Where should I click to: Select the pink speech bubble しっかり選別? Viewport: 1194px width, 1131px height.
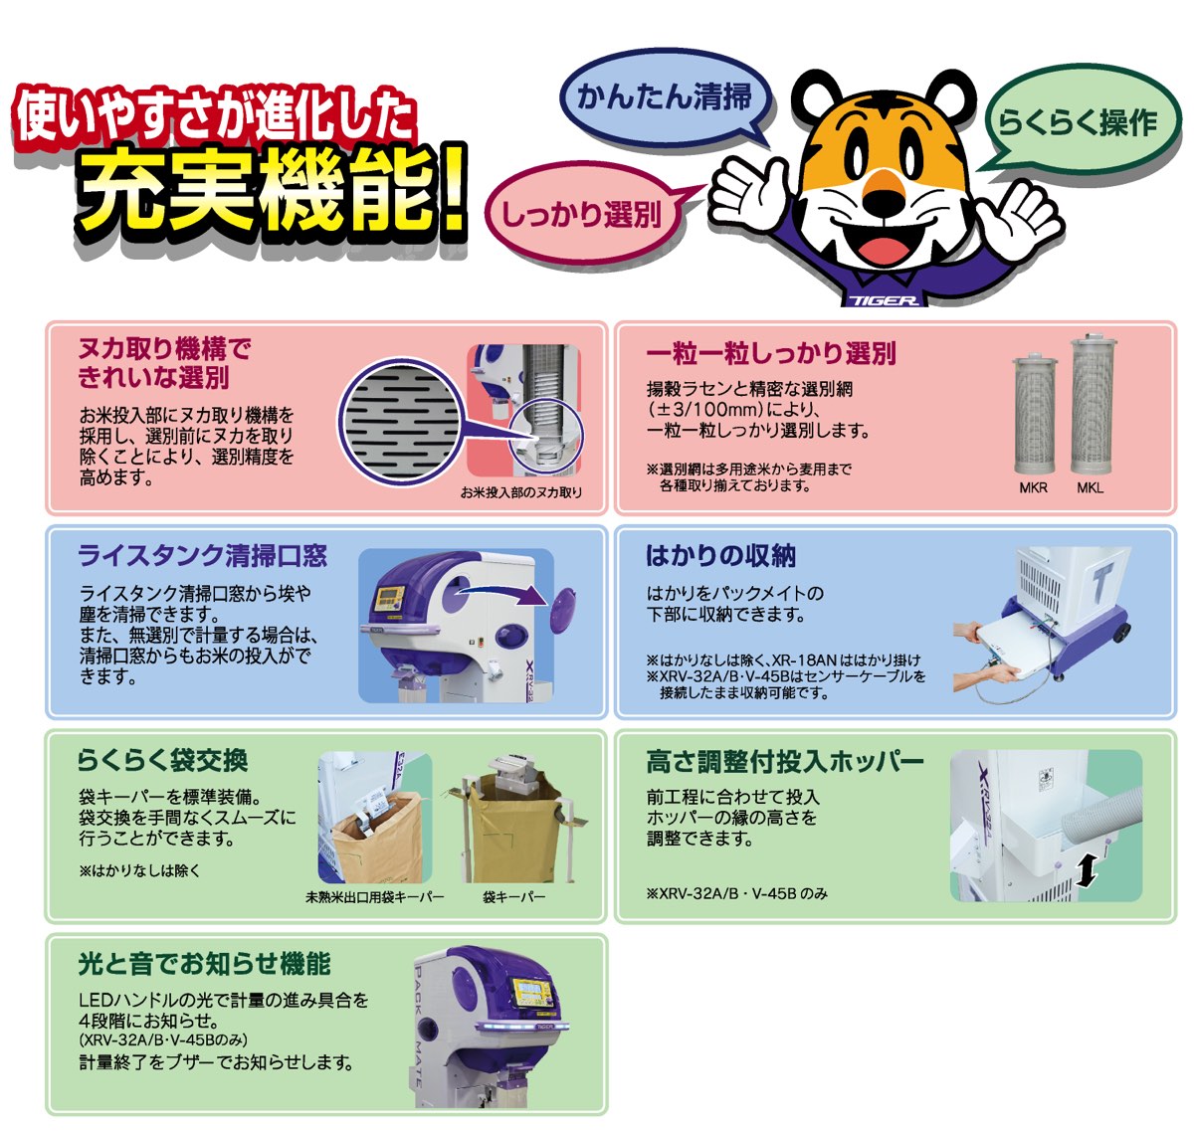click(x=582, y=214)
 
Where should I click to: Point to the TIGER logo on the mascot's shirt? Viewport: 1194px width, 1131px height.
click(x=884, y=300)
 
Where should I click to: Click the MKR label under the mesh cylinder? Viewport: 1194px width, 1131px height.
click(x=1033, y=487)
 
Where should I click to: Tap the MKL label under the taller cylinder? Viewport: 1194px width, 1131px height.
click(x=1091, y=487)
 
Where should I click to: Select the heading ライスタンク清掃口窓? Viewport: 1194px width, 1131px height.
click(x=203, y=556)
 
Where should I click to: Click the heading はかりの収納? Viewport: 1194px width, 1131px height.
click(x=720, y=556)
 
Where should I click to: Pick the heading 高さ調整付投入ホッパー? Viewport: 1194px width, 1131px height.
click(x=785, y=762)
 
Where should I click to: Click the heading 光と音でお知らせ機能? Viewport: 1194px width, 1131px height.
click(x=205, y=963)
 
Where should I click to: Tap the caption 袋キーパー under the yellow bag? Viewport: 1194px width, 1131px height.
click(x=513, y=896)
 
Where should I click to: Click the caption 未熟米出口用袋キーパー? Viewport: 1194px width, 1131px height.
click(x=375, y=896)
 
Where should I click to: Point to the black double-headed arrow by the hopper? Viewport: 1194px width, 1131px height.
click(x=1087, y=869)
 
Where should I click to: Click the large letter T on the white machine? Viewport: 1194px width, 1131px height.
click(x=1101, y=584)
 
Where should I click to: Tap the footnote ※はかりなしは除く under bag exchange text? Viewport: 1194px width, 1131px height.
click(x=139, y=870)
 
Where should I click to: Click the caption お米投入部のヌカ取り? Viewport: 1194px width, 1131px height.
click(x=520, y=492)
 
